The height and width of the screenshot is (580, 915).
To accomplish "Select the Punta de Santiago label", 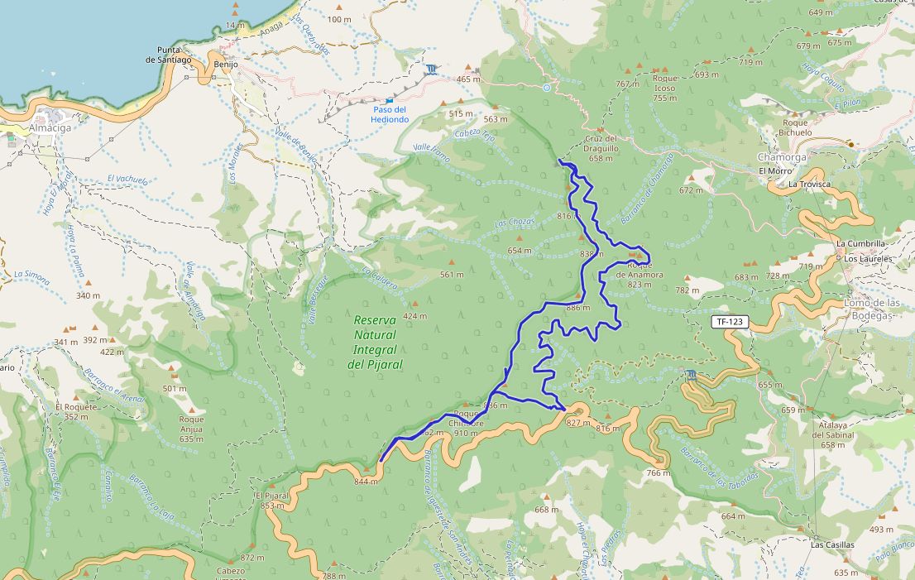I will click(x=169, y=55).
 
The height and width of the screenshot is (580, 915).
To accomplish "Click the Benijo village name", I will click(x=225, y=64).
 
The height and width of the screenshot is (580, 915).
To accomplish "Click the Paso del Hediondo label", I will click(x=390, y=114).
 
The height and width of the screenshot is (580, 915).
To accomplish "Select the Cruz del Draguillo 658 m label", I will click(x=601, y=148).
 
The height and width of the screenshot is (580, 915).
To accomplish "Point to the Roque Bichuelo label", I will click(x=795, y=127).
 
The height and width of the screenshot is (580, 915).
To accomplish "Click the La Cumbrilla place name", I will click(x=860, y=244).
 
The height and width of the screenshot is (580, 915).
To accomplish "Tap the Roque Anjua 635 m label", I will click(x=191, y=429).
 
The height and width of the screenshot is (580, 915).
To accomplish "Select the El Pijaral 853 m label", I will click(x=271, y=501).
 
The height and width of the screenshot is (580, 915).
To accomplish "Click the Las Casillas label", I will click(x=832, y=545).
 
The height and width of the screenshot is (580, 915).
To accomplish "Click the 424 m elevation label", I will click(x=414, y=316).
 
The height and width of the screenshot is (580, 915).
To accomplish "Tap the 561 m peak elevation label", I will click(x=452, y=275).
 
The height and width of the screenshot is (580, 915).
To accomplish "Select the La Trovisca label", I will click(x=809, y=185).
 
